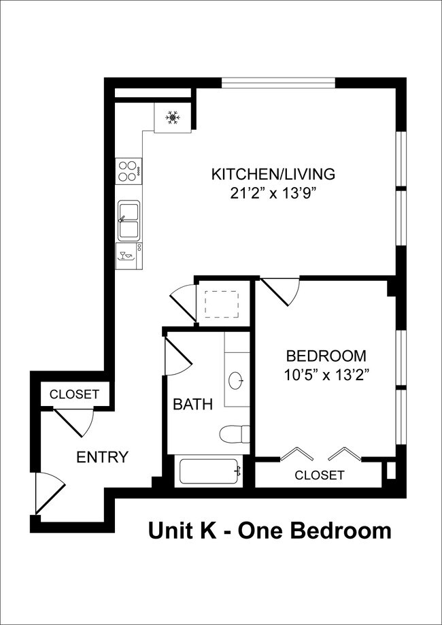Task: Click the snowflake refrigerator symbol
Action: pyautogui.click(x=173, y=118)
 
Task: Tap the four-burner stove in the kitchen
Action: pyautogui.click(x=126, y=170)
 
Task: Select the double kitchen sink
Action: pyautogui.click(x=129, y=220)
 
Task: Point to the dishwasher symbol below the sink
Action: pyautogui.click(x=127, y=256)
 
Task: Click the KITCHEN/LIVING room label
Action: pyautogui.click(x=273, y=174)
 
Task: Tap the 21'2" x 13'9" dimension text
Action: pyautogui.click(x=273, y=193)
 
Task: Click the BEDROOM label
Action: pyautogui.click(x=326, y=356)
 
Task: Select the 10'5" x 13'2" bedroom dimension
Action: pyautogui.click(x=326, y=374)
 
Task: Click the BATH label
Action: pyautogui.click(x=192, y=405)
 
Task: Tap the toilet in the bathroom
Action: pyautogui.click(x=235, y=433)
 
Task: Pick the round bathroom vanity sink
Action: pyautogui.click(x=237, y=380)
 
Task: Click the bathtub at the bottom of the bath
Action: pyautogui.click(x=208, y=471)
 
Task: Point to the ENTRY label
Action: pyautogui.click(x=102, y=457)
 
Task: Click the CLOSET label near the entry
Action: pyautogui.click(x=74, y=394)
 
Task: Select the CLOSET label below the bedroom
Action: pyautogui.click(x=319, y=475)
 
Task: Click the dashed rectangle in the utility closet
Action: pyautogui.click(x=221, y=303)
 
